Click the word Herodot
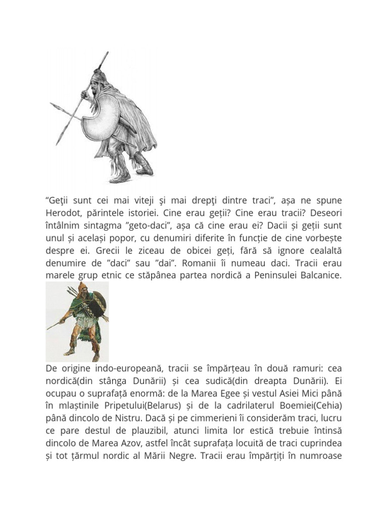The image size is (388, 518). coord(64,214)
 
